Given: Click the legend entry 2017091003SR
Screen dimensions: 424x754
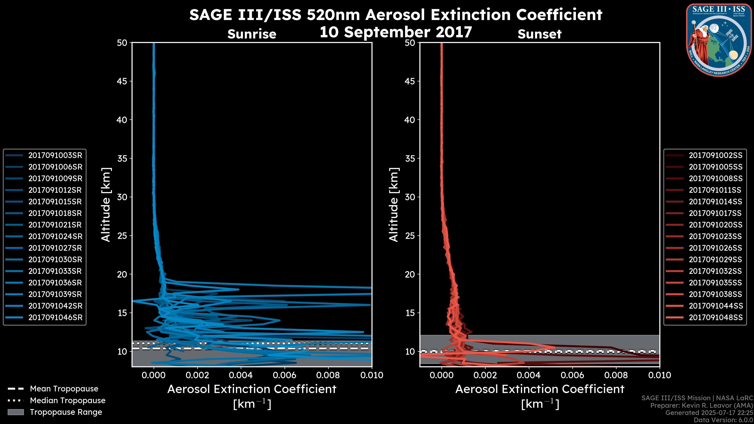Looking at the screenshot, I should click(x=55, y=155).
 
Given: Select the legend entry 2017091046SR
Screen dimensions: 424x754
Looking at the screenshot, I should click(x=55, y=317).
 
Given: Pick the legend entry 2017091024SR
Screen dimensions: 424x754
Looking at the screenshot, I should click(x=55, y=236).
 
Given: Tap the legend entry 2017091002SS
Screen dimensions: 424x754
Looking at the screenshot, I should click(x=715, y=155).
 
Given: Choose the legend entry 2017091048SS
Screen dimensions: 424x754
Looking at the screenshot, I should click(x=715, y=317).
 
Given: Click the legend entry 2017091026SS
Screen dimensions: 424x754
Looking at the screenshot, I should click(x=715, y=248).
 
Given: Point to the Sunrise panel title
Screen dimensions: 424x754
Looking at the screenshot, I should click(x=252, y=34).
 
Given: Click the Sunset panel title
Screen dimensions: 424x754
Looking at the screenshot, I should click(x=539, y=34).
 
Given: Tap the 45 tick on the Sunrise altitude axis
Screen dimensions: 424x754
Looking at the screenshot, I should click(x=122, y=81).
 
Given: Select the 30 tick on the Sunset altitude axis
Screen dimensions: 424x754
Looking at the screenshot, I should click(x=410, y=197).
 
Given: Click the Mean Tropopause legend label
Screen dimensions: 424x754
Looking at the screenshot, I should click(x=64, y=389).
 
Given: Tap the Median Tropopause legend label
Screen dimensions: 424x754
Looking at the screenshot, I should click(x=68, y=401).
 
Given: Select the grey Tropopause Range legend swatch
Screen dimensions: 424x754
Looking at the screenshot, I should click(x=16, y=412).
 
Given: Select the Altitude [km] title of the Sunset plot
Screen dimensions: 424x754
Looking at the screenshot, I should click(x=394, y=205).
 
